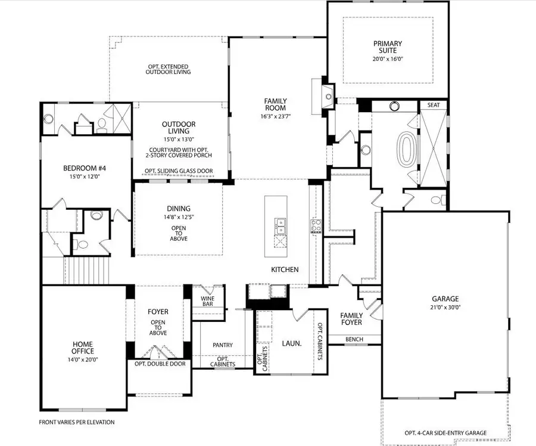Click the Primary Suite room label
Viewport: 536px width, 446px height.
[388, 47]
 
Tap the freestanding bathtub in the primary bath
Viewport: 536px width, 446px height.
[409, 149]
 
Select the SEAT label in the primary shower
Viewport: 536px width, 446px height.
[433, 105]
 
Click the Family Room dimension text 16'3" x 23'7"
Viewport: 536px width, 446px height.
[276, 117]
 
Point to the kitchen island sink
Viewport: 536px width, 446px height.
[279, 225]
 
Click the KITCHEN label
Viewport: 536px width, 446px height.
[285, 270]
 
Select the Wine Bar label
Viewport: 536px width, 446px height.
[207, 301]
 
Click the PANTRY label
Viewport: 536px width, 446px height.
[222, 345]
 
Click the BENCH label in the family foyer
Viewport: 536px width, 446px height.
[354, 340]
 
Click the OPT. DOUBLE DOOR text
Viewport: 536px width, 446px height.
[160, 364]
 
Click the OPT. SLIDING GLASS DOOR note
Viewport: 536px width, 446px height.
[179, 171]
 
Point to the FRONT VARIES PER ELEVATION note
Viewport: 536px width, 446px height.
[77, 422]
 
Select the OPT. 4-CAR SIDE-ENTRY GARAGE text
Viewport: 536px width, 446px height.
[445, 433]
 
